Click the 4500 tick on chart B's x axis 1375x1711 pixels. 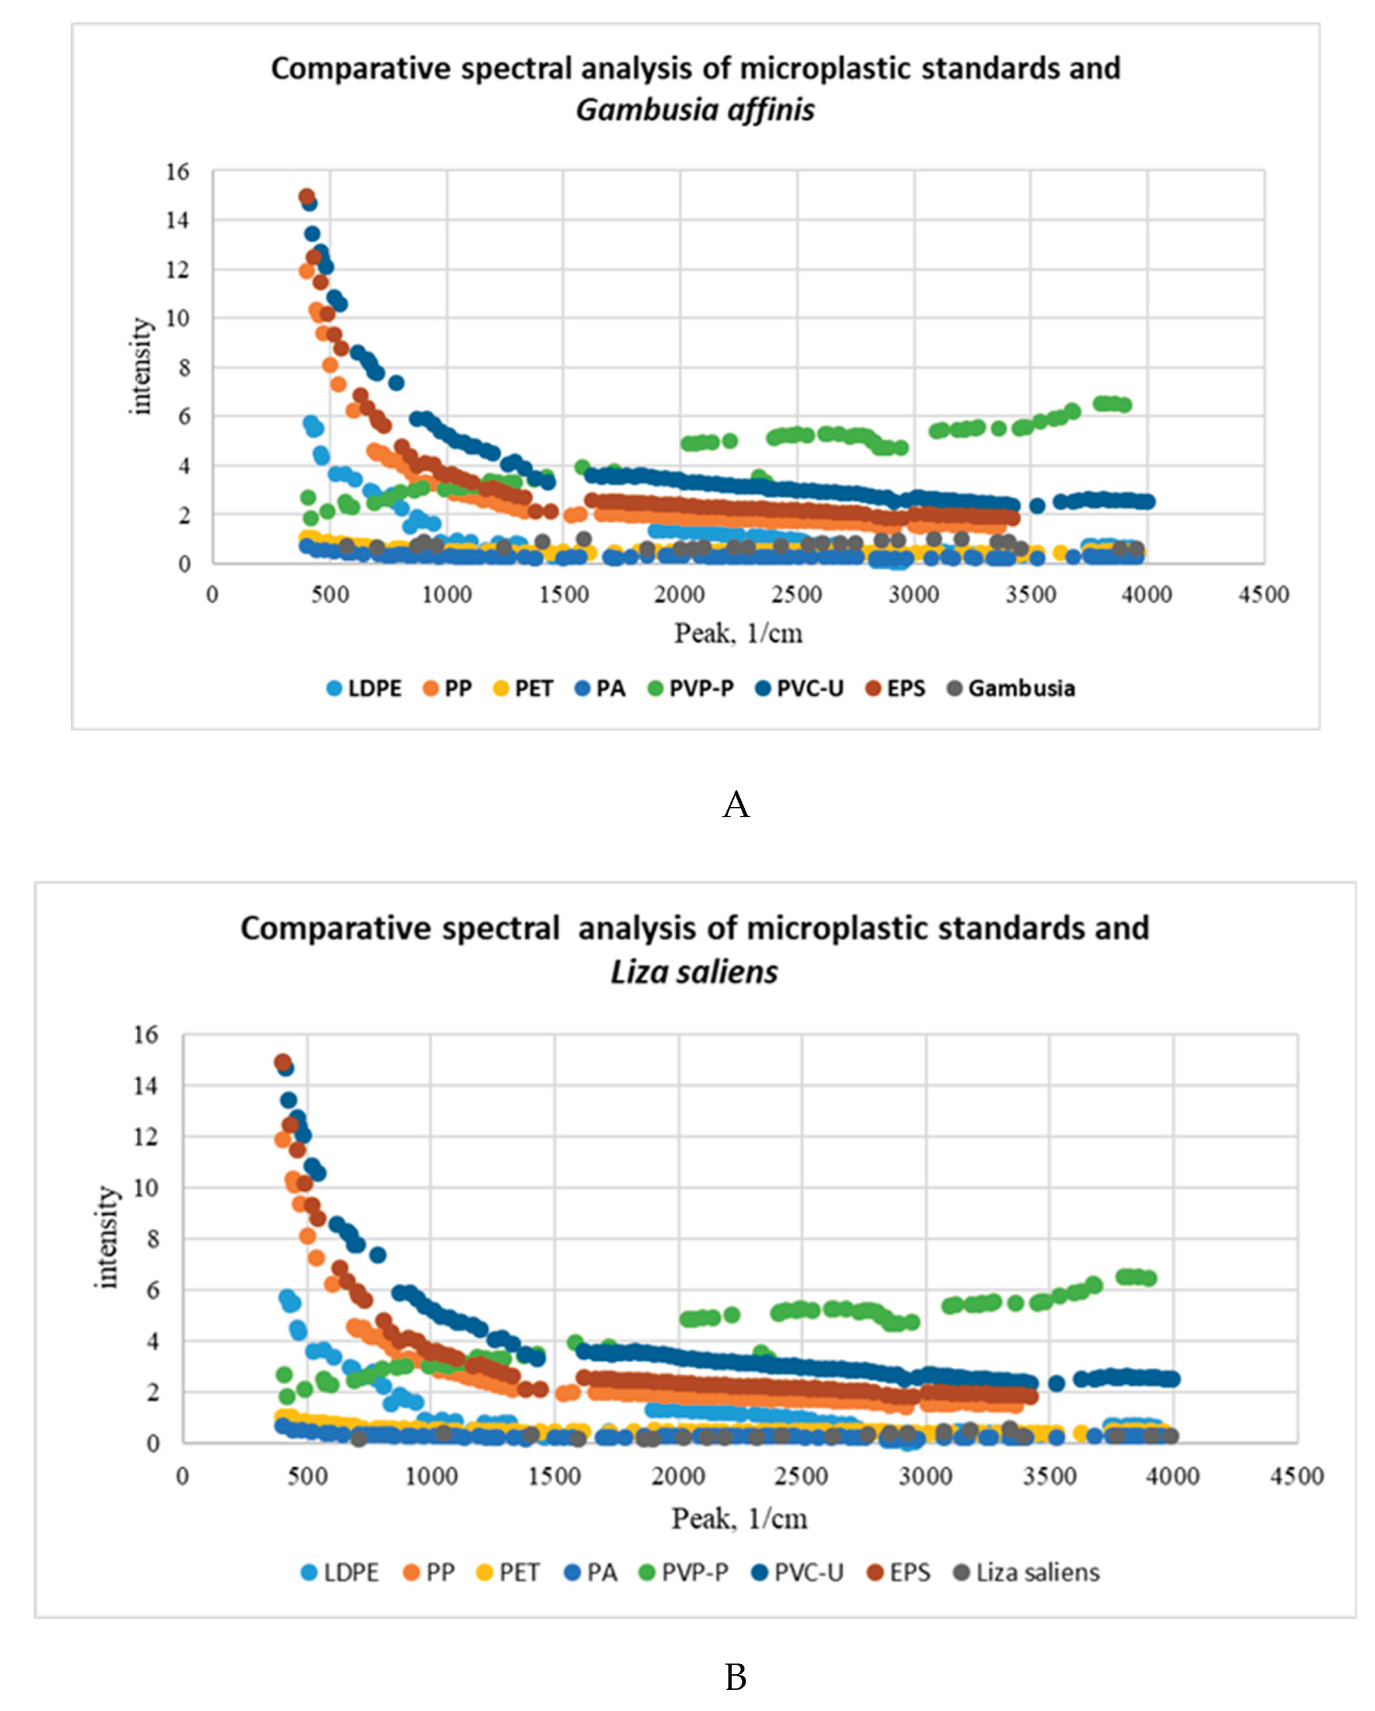point(1296,1476)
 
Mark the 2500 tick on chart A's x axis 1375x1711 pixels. point(797,594)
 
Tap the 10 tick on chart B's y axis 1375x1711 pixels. point(147,1188)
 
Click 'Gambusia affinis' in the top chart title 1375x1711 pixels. point(695,109)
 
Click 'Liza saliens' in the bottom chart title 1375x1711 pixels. point(694,971)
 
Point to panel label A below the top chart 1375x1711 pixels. point(736,804)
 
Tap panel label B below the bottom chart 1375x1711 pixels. point(736,1677)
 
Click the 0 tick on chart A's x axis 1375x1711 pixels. point(212,594)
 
